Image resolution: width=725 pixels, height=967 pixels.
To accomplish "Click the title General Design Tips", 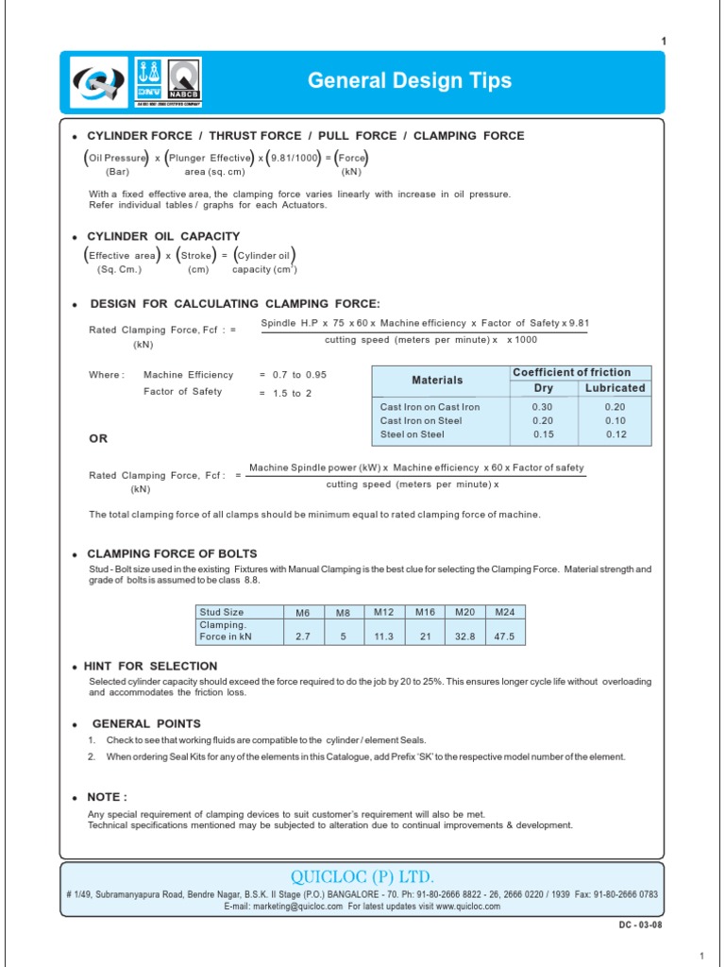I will (410, 81).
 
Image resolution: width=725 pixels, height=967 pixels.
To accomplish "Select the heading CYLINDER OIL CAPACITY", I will (163, 236).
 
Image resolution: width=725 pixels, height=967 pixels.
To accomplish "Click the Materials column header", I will (437, 380).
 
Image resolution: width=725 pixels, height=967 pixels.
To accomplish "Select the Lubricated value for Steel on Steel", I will (615, 434).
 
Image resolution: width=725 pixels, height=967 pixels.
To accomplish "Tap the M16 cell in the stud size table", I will (424, 612).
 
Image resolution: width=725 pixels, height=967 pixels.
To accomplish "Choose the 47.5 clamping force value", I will (504, 636).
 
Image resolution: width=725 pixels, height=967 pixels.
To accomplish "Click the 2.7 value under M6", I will (303, 636).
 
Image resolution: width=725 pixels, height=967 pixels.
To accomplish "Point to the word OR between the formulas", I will (98, 439).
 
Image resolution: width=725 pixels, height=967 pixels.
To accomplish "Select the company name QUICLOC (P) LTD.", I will (362, 876).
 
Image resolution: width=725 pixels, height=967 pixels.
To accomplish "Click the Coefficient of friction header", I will (570, 372).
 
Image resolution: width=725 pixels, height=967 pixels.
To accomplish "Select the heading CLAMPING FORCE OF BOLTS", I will (172, 553).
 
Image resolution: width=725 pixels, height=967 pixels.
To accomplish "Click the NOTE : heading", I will (107, 797).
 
